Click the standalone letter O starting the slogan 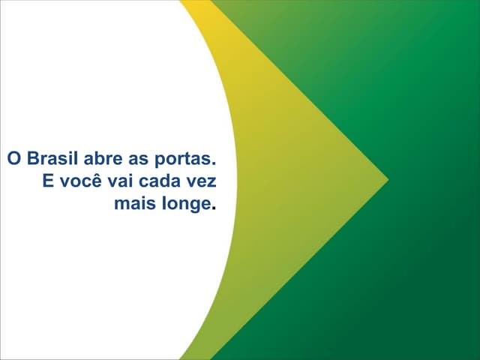13,160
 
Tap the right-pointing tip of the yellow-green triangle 387,179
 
